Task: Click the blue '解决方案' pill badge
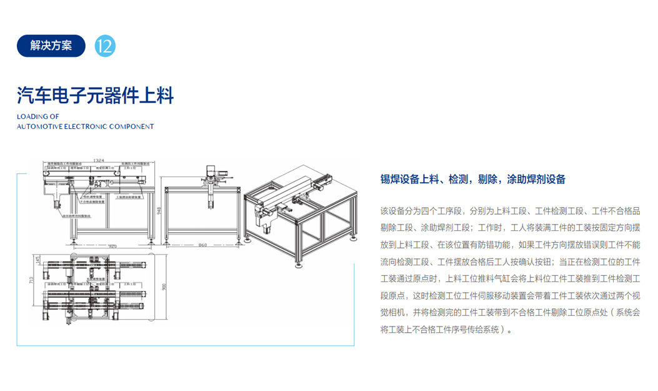(51, 46)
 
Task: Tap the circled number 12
(105, 46)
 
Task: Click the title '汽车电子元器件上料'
(95, 95)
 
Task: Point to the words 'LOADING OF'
(37, 116)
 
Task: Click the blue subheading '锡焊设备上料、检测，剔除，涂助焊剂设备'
(473, 180)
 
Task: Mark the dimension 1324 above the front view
(99, 161)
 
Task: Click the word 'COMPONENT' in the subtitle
(131, 126)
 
